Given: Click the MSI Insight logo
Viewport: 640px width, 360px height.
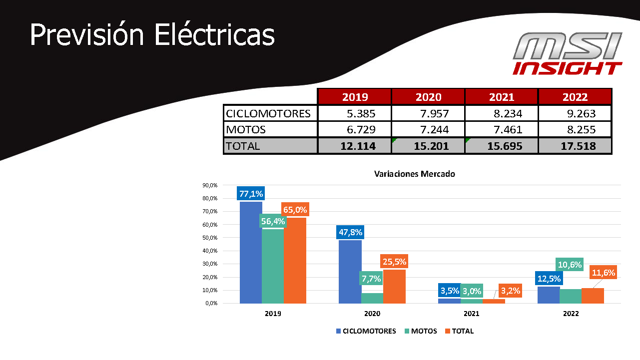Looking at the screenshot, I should (568, 54).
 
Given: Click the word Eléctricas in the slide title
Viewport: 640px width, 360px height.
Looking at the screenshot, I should (214, 35).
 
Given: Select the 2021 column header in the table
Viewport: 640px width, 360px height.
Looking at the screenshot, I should (501, 97).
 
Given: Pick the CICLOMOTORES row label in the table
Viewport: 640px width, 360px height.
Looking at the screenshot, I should (269, 113).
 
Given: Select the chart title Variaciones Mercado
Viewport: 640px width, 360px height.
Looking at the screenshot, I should (415, 174).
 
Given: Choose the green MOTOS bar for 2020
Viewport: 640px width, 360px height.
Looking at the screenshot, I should (372, 298).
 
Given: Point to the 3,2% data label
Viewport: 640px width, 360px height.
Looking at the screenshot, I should (510, 290).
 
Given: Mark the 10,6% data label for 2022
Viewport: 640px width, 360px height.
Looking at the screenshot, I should (569, 265).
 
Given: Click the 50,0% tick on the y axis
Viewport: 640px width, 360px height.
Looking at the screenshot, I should (210, 238).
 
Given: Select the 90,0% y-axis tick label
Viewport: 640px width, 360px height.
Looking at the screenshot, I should (210, 185).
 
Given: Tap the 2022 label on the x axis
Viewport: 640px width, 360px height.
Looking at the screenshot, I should (571, 314).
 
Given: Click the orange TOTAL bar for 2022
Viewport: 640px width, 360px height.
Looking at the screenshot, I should (593, 296).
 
